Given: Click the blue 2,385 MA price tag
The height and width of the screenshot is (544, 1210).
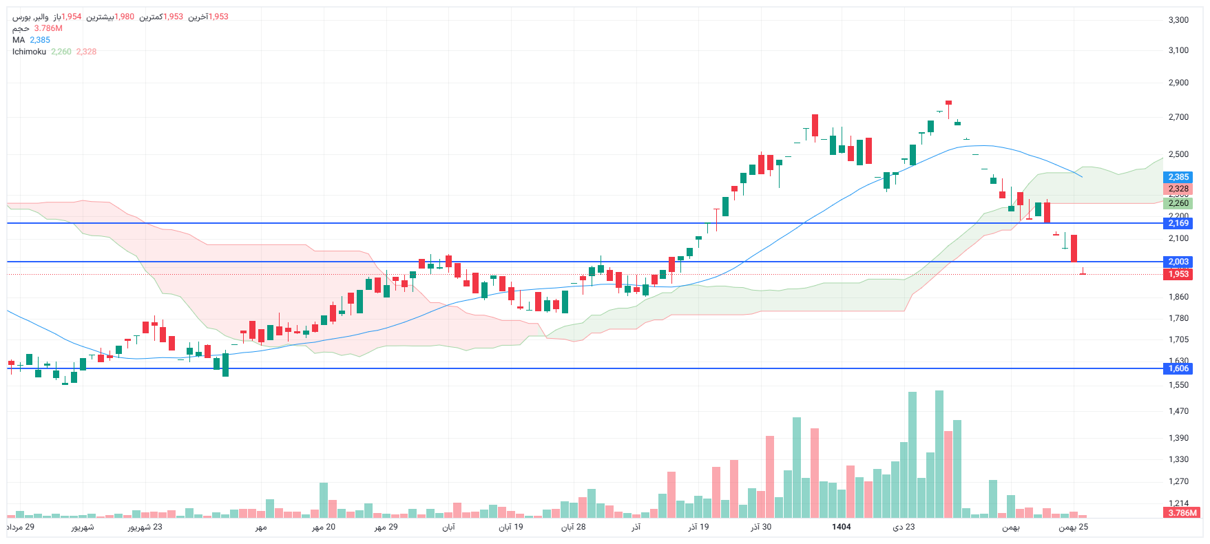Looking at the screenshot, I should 1178,177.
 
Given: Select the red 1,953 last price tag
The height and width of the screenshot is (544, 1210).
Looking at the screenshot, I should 1178,274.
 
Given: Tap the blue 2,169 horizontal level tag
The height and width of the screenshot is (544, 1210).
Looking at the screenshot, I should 1178,223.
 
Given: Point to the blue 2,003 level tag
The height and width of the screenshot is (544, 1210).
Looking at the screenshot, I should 1178,262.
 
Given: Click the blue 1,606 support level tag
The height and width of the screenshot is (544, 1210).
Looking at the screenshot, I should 1178,368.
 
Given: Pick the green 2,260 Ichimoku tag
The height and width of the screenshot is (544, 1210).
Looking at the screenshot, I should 1178,203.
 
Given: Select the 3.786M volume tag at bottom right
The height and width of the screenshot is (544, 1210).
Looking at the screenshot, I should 1182,512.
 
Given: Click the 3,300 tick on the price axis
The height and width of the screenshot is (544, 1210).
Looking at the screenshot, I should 1178,20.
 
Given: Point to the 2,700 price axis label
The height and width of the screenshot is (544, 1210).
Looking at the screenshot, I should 1178,117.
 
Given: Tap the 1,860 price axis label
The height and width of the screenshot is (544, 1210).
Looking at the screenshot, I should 1178,297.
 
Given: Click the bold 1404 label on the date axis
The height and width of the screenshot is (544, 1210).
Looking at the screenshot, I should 841,527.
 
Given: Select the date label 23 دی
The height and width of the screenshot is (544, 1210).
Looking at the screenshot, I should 904,527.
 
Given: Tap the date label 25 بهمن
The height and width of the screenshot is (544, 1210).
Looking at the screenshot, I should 1073,527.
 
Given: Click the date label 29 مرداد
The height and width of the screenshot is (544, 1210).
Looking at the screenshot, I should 21,527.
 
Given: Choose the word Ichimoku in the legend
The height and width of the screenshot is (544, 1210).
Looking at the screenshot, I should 29,52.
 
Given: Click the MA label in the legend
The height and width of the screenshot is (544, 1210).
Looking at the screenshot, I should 19,40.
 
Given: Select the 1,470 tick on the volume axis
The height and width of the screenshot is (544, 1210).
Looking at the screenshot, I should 1178,411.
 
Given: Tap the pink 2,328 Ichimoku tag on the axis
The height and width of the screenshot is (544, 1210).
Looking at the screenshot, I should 1178,189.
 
